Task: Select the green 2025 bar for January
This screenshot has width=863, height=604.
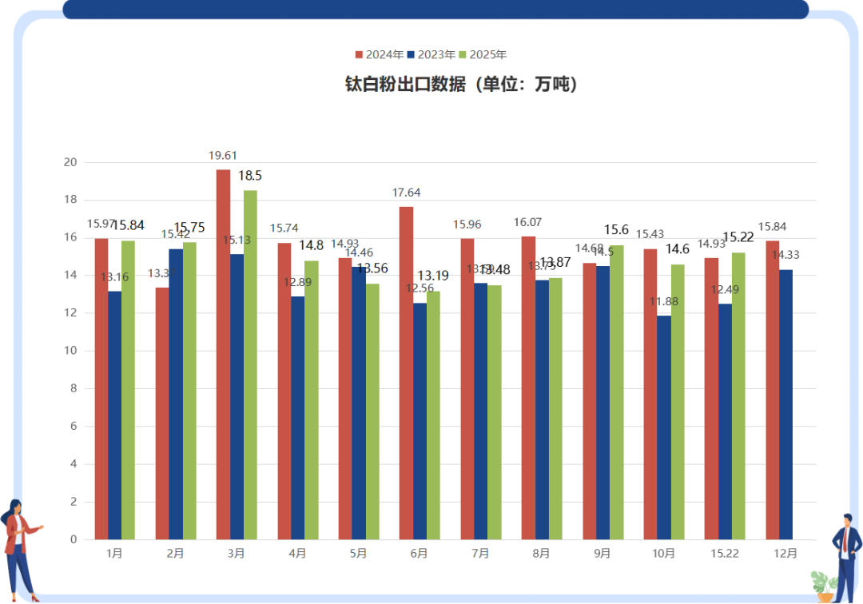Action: coord(128,390)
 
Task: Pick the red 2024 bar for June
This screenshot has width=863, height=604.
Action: coord(406,373)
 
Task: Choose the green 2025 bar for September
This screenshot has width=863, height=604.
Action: coord(616,392)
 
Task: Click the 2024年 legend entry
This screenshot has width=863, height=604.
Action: coord(379,55)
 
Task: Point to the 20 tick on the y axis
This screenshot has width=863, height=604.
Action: coord(70,162)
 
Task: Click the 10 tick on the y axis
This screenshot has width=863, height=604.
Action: coord(70,351)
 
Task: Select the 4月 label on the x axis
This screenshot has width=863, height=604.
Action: coord(297,553)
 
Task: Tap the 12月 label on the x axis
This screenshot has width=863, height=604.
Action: coord(785,553)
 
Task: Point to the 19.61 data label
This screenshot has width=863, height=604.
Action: coord(223,156)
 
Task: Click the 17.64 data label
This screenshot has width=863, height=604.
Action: coord(406,193)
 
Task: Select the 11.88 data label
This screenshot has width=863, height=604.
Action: coord(664,301)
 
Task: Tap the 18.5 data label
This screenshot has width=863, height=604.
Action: coord(251,175)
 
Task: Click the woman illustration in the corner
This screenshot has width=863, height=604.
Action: coord(20,550)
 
